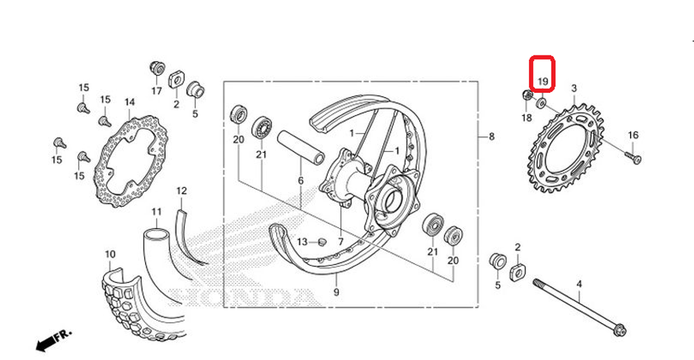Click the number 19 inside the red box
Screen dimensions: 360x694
tap(543, 81)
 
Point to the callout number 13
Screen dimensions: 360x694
tap(302, 242)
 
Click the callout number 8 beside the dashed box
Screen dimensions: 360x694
tap(491, 137)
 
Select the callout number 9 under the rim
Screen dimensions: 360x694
tap(336, 292)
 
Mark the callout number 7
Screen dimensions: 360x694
tap(341, 242)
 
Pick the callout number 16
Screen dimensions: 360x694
tap(632, 135)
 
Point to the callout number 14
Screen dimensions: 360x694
tap(129, 103)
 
